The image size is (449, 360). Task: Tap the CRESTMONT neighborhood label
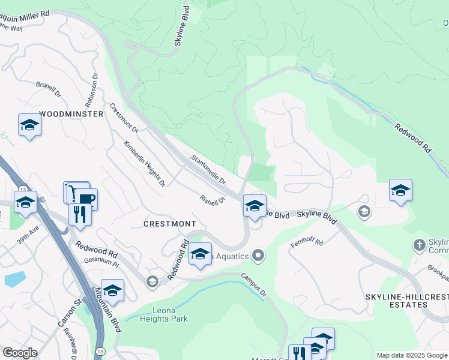click(170, 223)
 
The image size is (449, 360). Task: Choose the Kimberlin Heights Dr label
click(144, 164)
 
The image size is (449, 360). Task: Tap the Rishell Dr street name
click(212, 199)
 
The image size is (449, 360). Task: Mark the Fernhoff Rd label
click(307, 242)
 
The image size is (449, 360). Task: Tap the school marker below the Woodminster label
click(29, 125)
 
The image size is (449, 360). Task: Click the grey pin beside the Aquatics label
click(259, 256)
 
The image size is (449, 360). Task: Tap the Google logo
click(20, 353)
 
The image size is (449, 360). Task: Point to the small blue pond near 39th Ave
click(14, 279)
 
